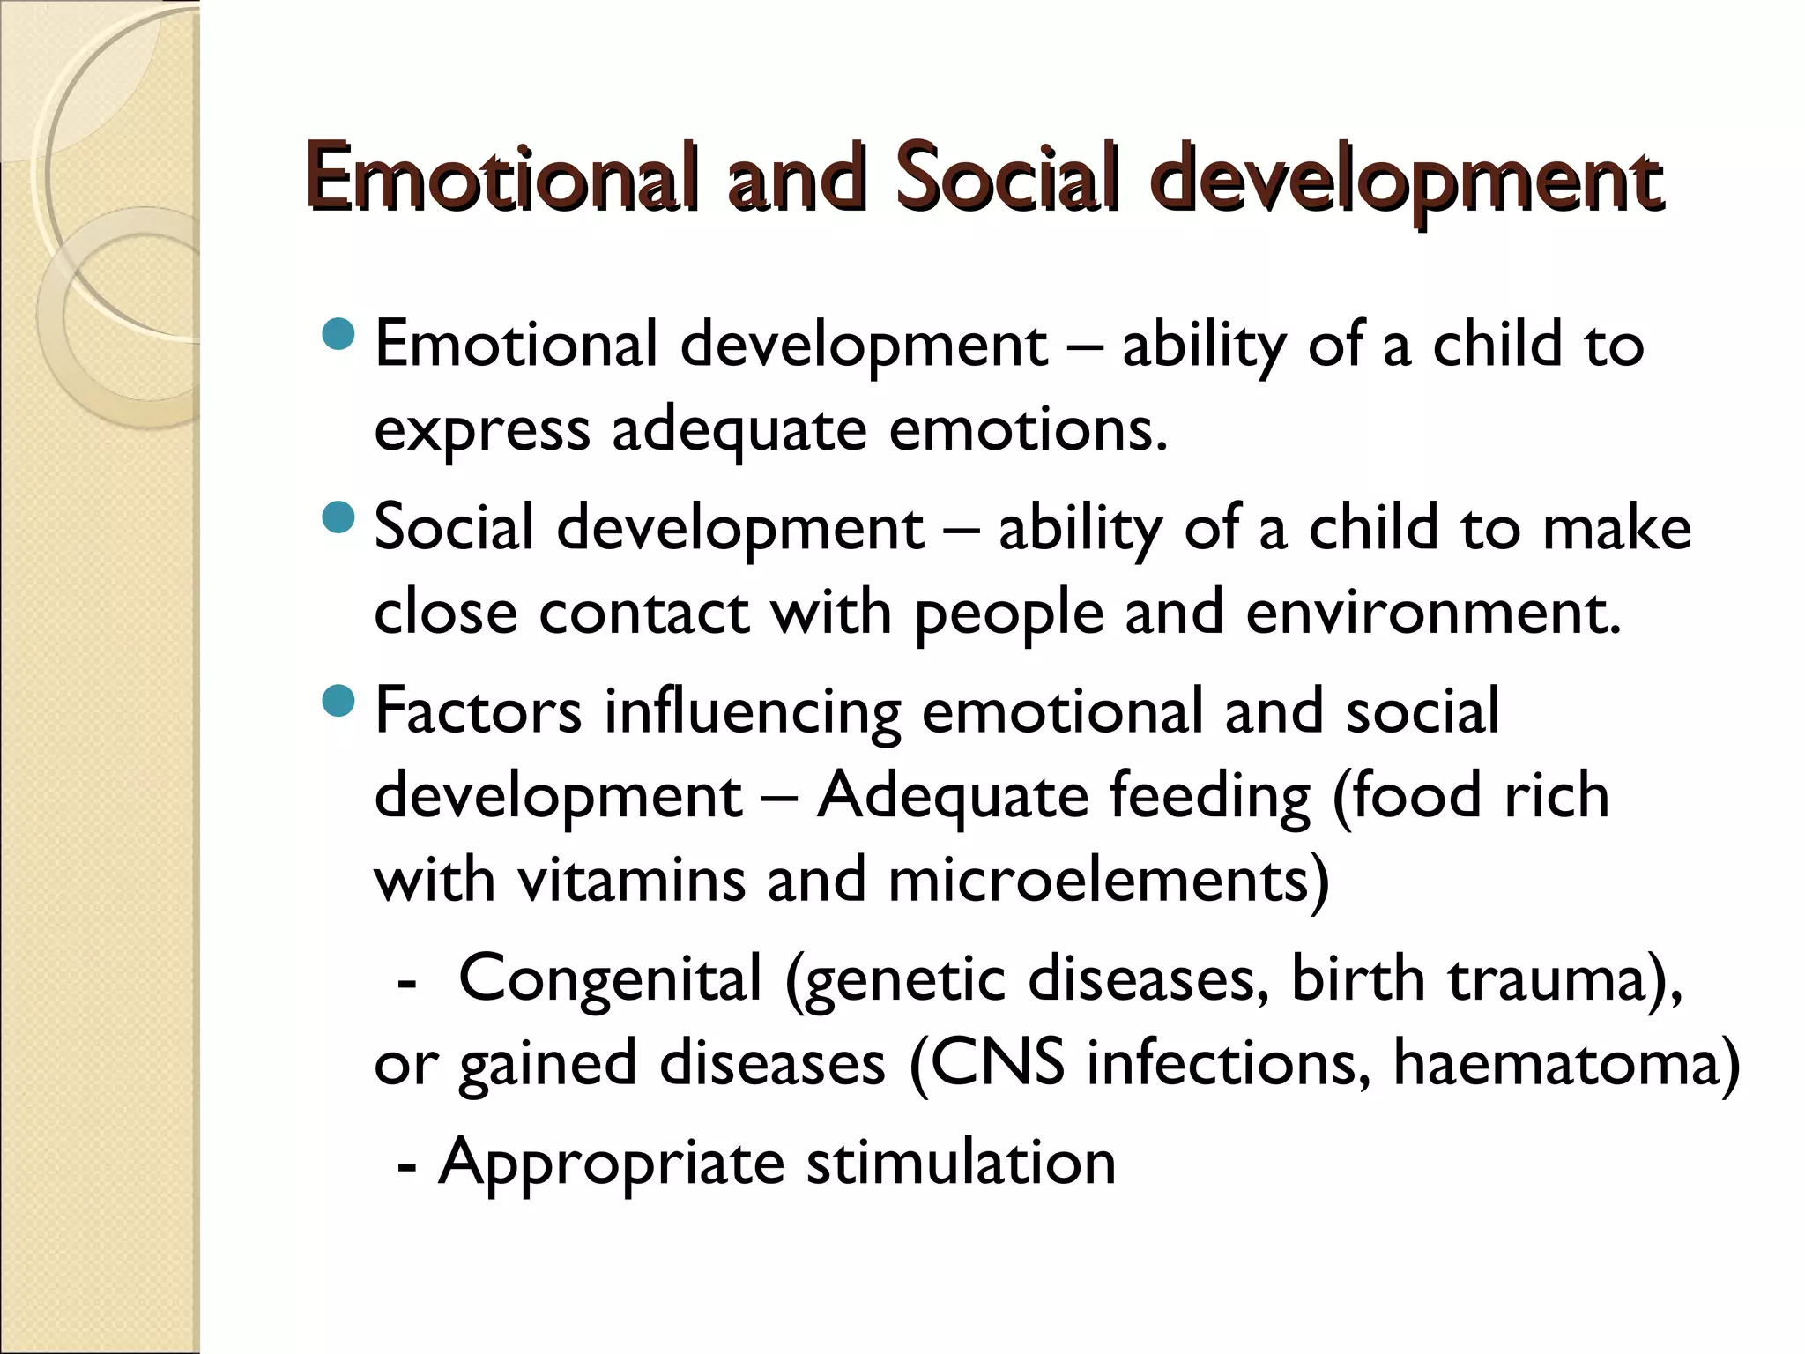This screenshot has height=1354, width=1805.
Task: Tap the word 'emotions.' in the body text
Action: click(1028, 429)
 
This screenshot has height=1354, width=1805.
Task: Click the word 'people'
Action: click(1008, 614)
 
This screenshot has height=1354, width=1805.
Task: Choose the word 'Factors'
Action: click(478, 710)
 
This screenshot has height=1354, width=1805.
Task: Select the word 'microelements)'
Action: click(1108, 881)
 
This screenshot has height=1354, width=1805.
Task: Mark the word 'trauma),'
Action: click(1566, 979)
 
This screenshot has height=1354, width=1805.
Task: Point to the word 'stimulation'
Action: click(961, 1161)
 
